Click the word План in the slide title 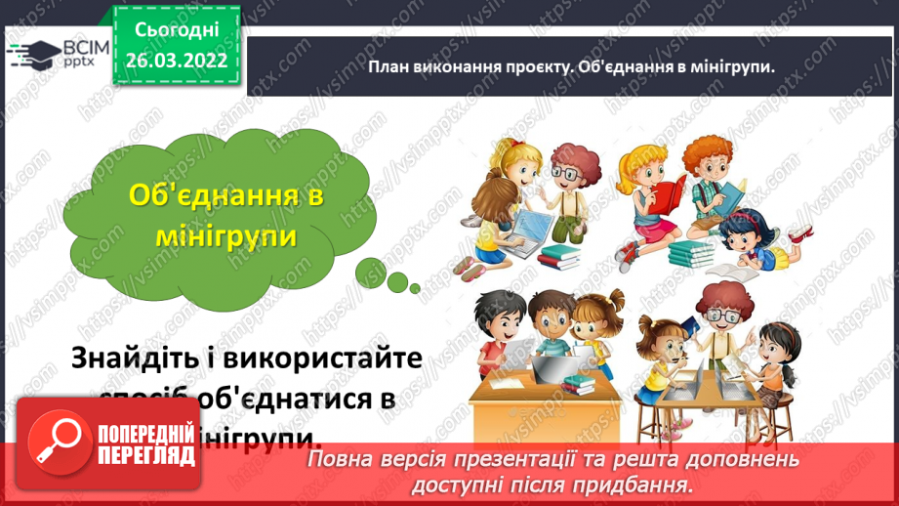(388, 66)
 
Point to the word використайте (322, 358)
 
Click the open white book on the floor (731, 269)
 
